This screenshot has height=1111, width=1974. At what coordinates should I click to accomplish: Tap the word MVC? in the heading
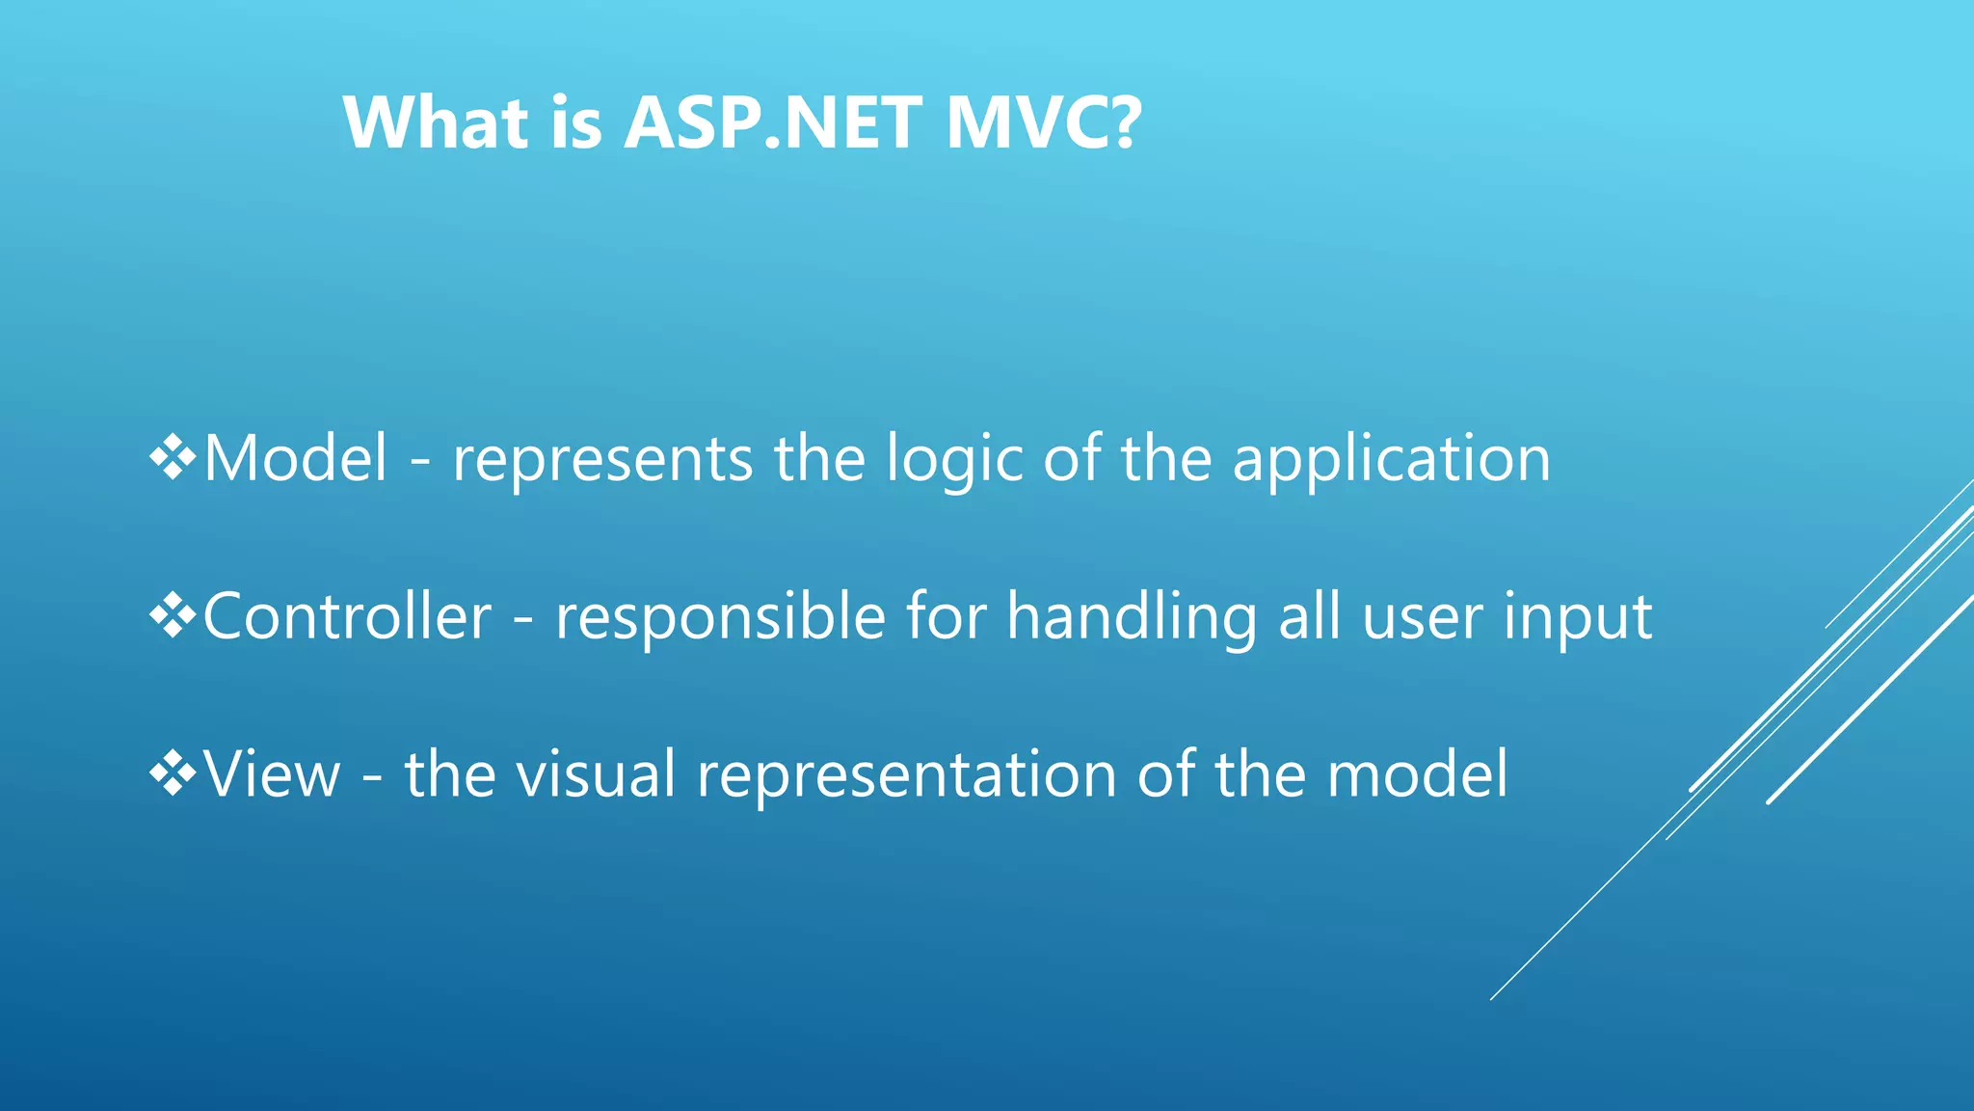1043,122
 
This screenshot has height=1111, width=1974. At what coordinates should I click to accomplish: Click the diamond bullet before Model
173,457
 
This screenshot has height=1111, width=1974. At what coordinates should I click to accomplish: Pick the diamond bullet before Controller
173,616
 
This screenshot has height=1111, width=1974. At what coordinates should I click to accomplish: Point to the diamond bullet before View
173,773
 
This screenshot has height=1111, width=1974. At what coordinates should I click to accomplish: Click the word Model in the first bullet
296,458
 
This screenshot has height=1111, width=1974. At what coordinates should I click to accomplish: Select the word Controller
347,617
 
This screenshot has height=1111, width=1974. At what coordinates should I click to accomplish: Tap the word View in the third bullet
273,774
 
